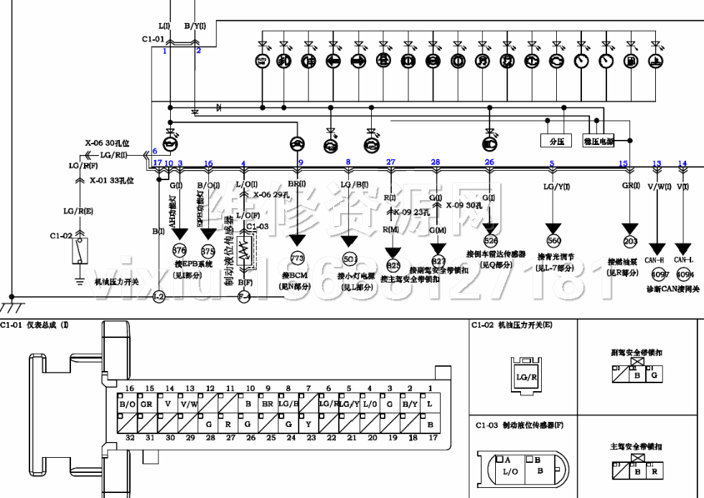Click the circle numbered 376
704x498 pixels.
click(x=179, y=250)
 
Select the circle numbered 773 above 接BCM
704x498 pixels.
click(x=297, y=258)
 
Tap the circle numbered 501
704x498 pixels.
click(x=349, y=259)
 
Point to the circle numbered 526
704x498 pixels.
click(x=490, y=241)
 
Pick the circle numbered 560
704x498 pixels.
click(x=553, y=241)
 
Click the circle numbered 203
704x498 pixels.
click(x=630, y=242)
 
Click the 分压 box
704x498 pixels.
click(x=556, y=141)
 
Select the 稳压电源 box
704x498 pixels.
click(x=599, y=141)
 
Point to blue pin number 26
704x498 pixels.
click(x=489, y=162)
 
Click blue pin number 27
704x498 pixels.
click(x=390, y=162)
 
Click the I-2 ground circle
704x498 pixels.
click(x=159, y=296)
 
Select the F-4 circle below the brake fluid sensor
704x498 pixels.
click(x=244, y=296)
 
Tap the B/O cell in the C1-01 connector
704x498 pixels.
click(x=127, y=404)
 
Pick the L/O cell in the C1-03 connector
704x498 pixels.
click(x=510, y=471)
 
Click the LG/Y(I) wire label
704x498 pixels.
click(x=556, y=187)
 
